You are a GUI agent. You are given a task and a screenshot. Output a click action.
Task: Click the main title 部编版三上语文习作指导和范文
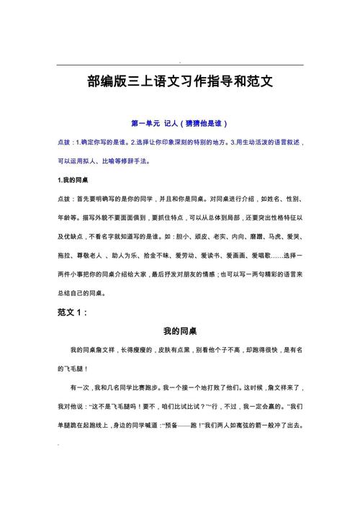click(x=179, y=83)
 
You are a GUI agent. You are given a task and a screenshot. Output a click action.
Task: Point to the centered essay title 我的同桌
click(x=180, y=331)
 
